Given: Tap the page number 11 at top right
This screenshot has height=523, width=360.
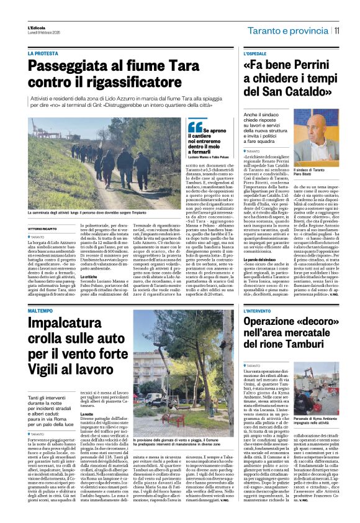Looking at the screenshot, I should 336,29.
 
